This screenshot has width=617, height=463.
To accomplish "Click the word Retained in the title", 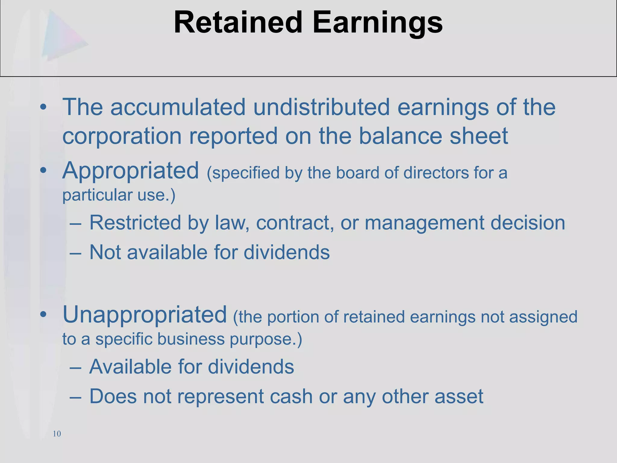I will pos(238,23).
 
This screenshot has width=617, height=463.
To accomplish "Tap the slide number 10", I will pos(57,434).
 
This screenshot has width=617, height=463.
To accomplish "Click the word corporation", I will pos(122,136).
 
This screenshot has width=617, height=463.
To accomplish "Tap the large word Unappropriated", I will pos(145,314).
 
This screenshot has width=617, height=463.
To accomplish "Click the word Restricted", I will pos(135,222).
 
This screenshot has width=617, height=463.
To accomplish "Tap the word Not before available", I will pos(105,252).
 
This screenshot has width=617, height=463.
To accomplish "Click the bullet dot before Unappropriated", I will pos(43,315).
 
